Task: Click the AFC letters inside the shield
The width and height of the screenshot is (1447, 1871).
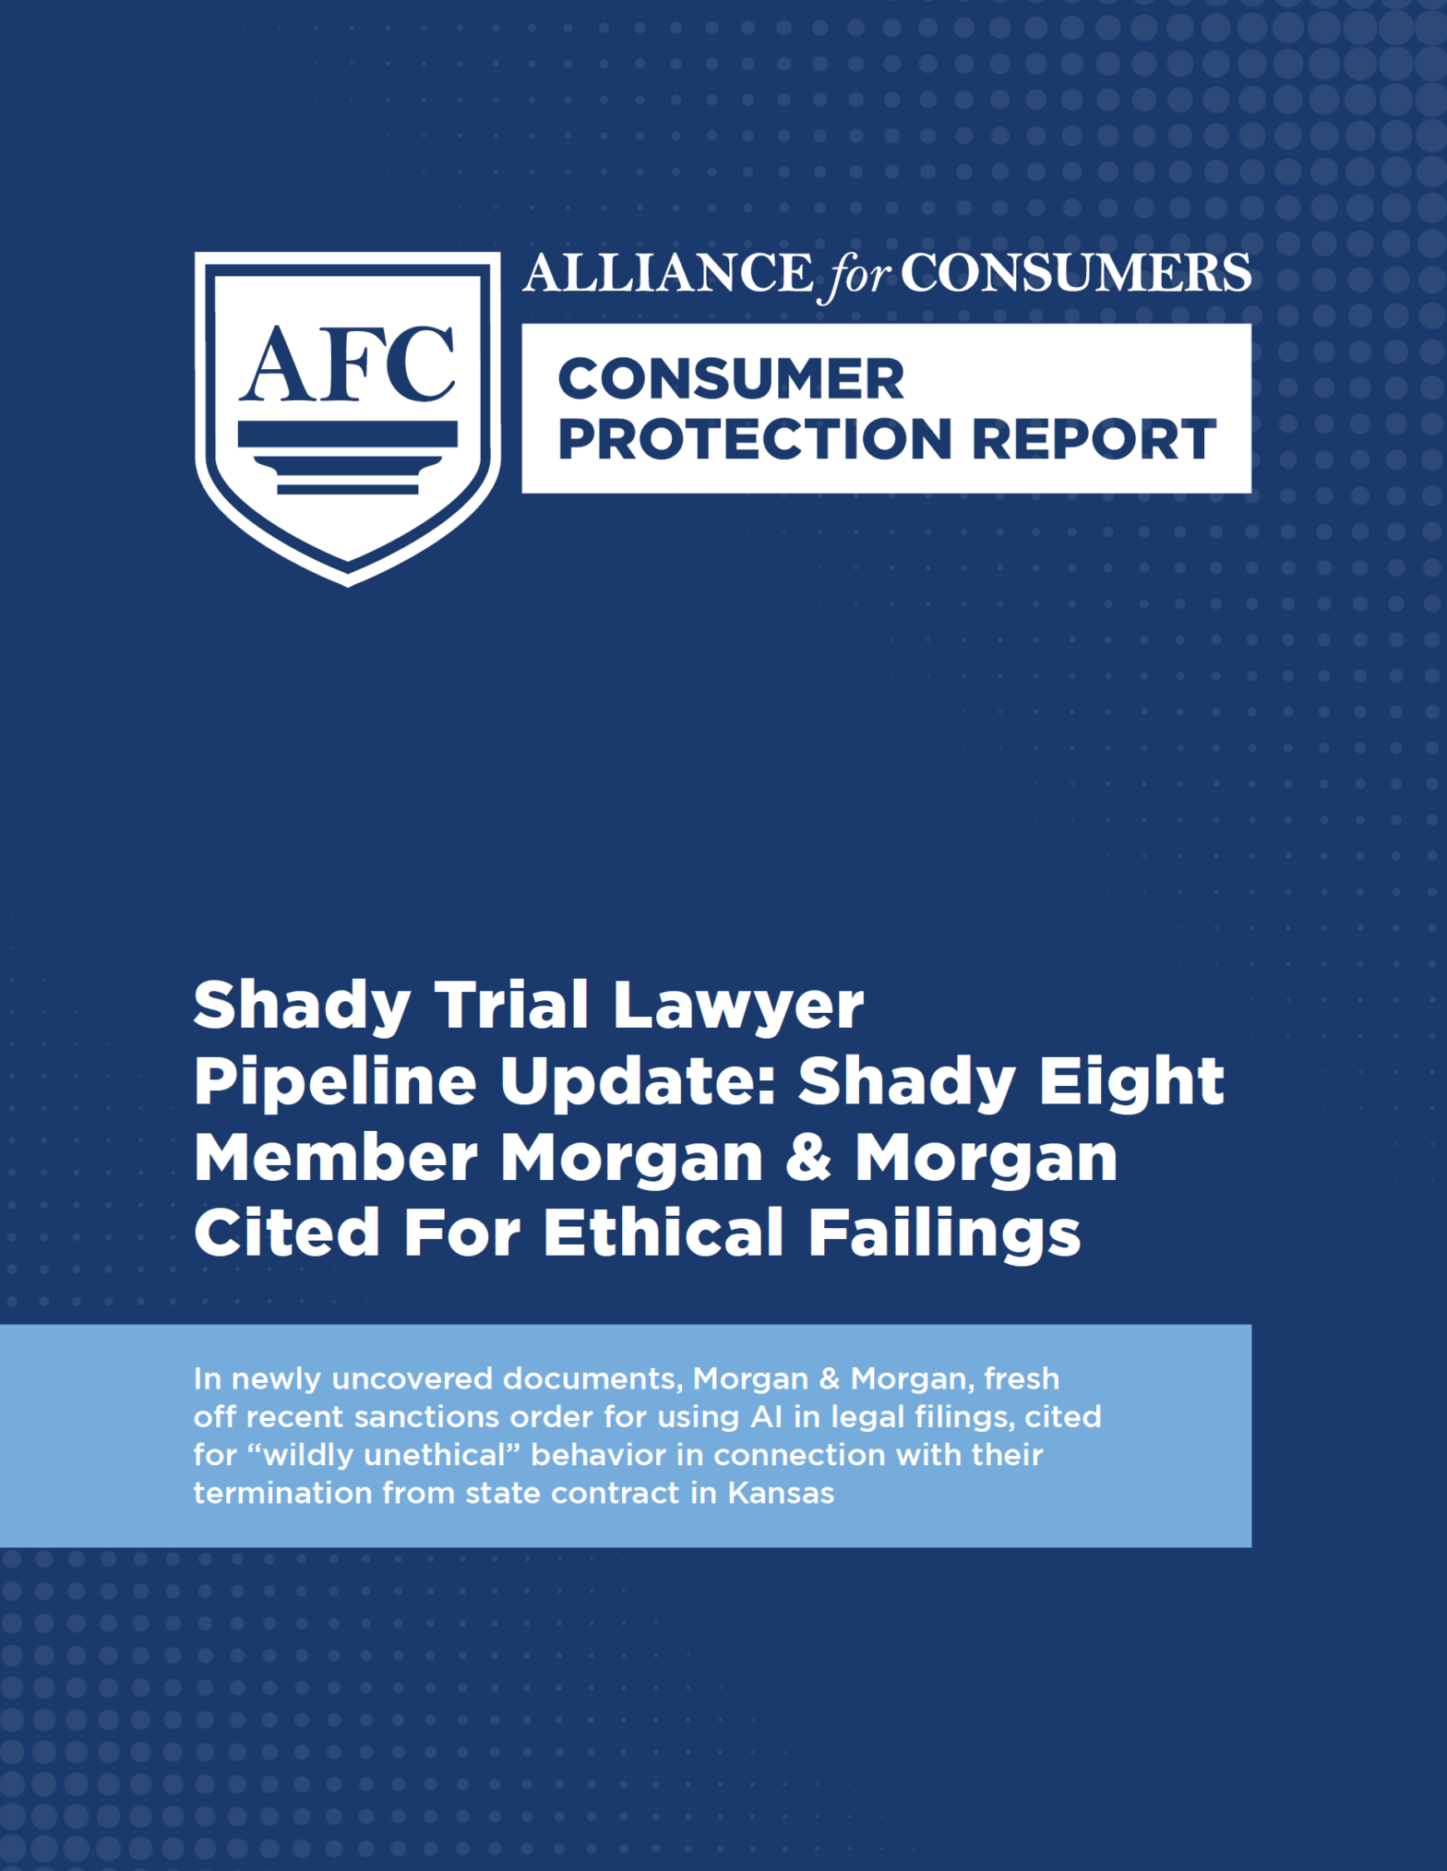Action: click(348, 364)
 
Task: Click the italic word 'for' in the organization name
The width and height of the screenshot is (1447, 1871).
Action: click(857, 275)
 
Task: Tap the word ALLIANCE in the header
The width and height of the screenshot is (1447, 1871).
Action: click(668, 273)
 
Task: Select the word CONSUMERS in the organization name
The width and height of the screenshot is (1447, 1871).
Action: click(1076, 273)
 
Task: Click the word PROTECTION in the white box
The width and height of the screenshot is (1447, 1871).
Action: click(755, 439)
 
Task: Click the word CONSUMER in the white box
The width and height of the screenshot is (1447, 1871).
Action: click(731, 379)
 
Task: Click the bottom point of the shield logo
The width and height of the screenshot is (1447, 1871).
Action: click(348, 585)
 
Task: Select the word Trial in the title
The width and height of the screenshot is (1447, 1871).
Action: click(511, 1005)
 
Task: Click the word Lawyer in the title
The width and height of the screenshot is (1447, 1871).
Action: click(738, 1008)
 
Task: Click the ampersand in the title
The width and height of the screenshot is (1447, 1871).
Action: click(809, 1157)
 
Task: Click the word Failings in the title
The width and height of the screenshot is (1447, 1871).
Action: click(944, 1235)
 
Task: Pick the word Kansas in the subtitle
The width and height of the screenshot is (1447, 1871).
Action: click(781, 1493)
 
